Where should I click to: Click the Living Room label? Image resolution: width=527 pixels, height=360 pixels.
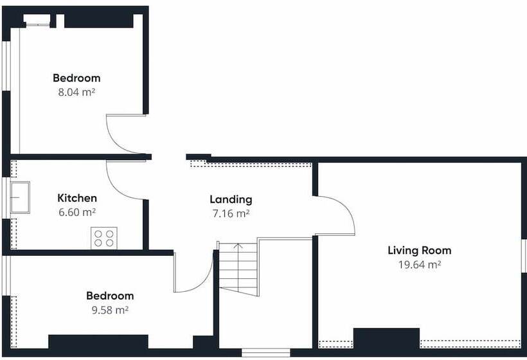pyautogui.click(x=419, y=251)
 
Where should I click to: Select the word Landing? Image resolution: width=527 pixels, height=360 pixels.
pyautogui.click(x=231, y=199)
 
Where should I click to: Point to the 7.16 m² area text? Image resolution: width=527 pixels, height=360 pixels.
pyautogui.click(x=231, y=213)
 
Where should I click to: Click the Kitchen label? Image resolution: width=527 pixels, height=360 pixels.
pyautogui.click(x=77, y=198)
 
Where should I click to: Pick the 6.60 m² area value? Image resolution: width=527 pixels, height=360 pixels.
pyautogui.click(x=77, y=212)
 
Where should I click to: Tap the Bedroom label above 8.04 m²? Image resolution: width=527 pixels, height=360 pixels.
pyautogui.click(x=76, y=78)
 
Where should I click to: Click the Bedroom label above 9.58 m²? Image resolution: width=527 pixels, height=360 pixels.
pyautogui.click(x=110, y=296)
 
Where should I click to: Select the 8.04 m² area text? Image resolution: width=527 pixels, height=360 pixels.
pyautogui.click(x=76, y=91)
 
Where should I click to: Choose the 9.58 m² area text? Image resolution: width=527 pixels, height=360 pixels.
pyautogui.click(x=110, y=309)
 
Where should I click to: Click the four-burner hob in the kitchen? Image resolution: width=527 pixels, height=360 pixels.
pyautogui.click(x=104, y=238)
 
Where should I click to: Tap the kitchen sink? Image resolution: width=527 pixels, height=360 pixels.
pyautogui.click(x=20, y=197)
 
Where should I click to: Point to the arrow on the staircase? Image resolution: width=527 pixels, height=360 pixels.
pyautogui.click(x=238, y=245)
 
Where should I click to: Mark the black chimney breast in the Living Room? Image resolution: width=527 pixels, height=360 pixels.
pyautogui.click(x=386, y=338)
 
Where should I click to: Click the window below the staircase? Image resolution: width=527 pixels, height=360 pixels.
pyautogui.click(x=266, y=352)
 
